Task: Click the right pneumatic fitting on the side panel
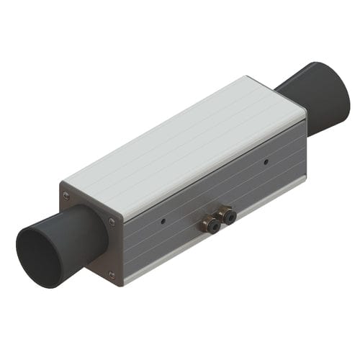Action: pos(228,214)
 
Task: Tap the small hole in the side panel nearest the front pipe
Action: pos(163,220)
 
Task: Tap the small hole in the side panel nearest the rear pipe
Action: pos(266,162)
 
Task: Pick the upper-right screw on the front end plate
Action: pos(111,221)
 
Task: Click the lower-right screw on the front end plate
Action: pos(111,274)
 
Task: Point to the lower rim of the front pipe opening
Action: pos(43,285)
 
